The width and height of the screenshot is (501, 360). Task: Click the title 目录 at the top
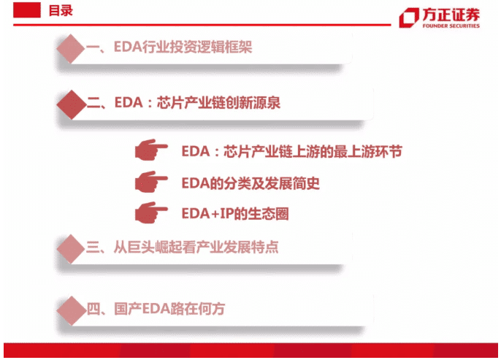(x=61, y=10)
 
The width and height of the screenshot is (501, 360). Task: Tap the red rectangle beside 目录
(x=27, y=10)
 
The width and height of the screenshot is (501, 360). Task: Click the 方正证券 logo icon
(x=409, y=18)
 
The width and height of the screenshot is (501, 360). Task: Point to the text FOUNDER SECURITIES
(x=451, y=26)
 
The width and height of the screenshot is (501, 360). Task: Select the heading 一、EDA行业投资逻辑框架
(x=169, y=47)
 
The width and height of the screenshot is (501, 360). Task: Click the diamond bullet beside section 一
(x=71, y=48)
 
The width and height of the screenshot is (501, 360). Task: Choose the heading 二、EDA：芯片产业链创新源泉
(x=183, y=103)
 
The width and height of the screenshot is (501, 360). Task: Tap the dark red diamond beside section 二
(x=72, y=104)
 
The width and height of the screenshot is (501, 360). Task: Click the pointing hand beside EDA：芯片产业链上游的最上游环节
(x=150, y=149)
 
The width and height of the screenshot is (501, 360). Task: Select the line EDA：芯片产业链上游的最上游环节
(x=291, y=151)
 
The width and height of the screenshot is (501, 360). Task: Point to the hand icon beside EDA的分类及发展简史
(x=150, y=181)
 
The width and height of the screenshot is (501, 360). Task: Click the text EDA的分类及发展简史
(x=250, y=183)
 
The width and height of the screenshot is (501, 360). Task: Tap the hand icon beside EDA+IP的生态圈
(x=150, y=212)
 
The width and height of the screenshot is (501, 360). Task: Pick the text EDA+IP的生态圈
(x=235, y=214)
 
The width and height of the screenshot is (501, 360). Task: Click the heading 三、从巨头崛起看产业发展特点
(x=182, y=248)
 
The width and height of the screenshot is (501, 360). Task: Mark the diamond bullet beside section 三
(x=71, y=249)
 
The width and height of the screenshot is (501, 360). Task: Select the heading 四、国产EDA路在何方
(x=156, y=309)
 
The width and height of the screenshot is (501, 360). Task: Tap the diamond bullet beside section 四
(x=72, y=311)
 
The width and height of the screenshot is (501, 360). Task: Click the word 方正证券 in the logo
(x=451, y=15)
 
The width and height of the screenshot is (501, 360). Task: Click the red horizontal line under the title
(x=202, y=25)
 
